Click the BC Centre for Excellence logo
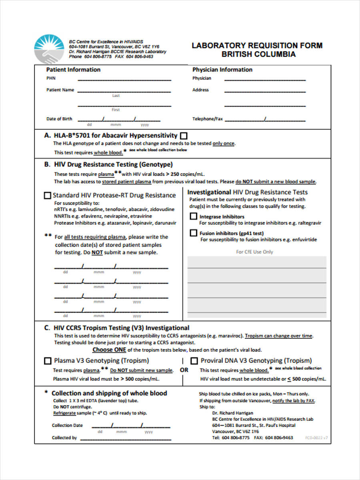[49, 49]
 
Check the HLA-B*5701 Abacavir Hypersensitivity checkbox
[184, 136]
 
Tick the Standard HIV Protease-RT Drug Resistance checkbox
[47, 196]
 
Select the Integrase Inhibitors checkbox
[193, 216]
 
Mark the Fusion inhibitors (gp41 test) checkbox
[193, 233]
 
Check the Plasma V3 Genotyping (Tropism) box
[47, 360]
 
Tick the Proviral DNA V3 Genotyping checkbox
[194, 360]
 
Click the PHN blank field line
[124, 79]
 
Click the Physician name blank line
[265, 79]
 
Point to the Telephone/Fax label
[207, 119]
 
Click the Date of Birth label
[59, 119]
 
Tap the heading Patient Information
[73, 70]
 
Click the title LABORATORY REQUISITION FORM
[257, 45]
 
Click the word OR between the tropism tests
[184, 370]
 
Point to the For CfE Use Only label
[254, 252]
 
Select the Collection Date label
[67, 425]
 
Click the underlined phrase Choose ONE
[109, 350]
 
